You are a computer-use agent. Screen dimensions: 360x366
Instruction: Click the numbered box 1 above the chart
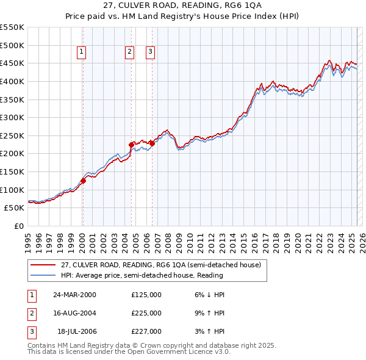pos(82,52)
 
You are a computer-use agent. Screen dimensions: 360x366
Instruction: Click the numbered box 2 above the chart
pos(130,52)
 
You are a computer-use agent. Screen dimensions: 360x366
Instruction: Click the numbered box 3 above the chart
pos(150,52)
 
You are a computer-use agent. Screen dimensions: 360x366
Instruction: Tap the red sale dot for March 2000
pos(84,181)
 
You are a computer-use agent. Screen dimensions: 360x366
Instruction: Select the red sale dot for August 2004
pos(131,145)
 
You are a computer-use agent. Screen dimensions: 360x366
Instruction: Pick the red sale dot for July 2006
pos(152,143)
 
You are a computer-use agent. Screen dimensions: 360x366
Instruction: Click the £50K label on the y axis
pos(15,207)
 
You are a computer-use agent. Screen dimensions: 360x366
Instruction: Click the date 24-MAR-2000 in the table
pos(74,295)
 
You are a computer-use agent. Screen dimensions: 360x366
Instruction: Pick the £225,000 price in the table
pos(146,313)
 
